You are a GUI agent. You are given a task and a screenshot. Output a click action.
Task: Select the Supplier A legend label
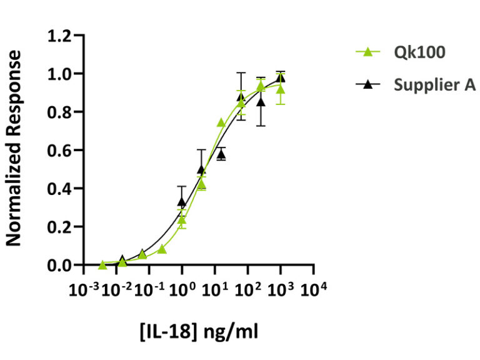coord(434,85)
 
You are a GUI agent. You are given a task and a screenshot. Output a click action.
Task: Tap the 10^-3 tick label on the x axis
coord(83,290)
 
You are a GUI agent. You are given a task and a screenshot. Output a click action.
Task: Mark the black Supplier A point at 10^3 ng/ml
coord(281,77)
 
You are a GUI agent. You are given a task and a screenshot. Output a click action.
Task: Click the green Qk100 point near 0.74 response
coord(221,123)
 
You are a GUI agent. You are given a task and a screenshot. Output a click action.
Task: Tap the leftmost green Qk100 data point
coord(102,265)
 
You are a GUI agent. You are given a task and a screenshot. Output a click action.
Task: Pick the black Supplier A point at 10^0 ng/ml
coord(182,202)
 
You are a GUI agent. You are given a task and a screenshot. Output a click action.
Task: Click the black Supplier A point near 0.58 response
coord(221,154)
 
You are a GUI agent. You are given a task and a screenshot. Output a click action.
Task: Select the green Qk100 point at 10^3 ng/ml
coord(281,89)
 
